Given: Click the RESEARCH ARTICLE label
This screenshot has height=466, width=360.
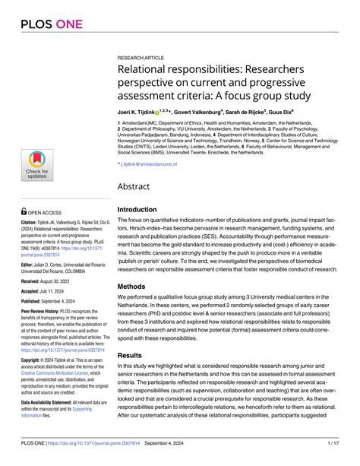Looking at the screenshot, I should click(x=141, y=58).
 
